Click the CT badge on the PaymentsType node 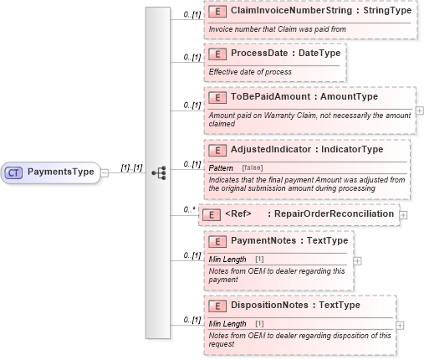(x=14, y=172)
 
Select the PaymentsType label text (x=61, y=172)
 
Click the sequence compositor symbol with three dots (x=158, y=172)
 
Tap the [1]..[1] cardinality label (x=130, y=167)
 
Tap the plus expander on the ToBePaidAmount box (x=419, y=111)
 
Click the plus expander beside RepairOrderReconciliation (x=403, y=215)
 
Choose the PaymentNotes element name (x=267, y=241)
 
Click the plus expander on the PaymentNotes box (x=358, y=260)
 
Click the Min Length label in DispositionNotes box (x=227, y=323)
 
